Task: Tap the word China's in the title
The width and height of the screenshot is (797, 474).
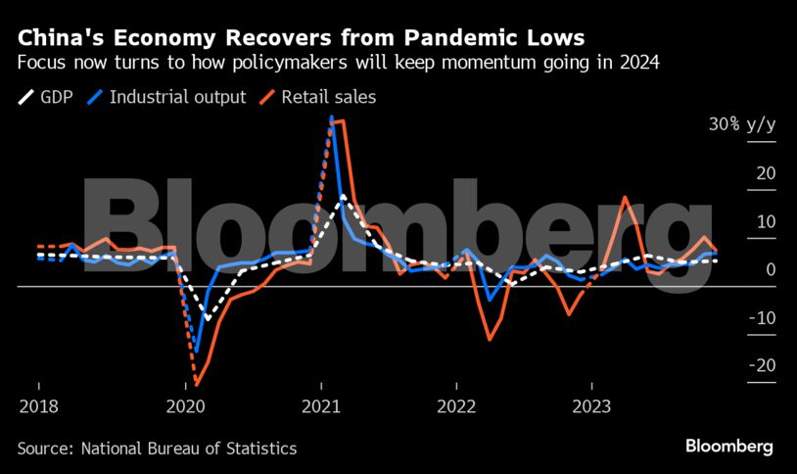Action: [x=62, y=38]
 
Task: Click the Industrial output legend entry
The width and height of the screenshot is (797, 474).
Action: [x=177, y=97]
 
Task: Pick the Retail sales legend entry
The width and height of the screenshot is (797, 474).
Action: [x=328, y=97]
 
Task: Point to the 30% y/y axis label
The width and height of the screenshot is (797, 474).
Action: [x=742, y=124]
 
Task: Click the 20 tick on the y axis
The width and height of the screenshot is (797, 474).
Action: [x=766, y=173]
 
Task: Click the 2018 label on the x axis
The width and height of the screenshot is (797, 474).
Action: [x=37, y=406]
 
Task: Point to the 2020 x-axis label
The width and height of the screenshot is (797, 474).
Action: [x=186, y=406]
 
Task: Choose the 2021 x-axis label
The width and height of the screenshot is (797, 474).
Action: [x=321, y=406]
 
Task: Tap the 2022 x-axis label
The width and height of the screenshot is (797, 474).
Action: [x=456, y=406]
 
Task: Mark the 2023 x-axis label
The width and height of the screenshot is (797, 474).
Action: [x=591, y=406]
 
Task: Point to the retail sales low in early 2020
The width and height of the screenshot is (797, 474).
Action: [x=197, y=383]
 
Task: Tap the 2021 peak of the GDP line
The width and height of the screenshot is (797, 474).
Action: [x=343, y=196]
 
